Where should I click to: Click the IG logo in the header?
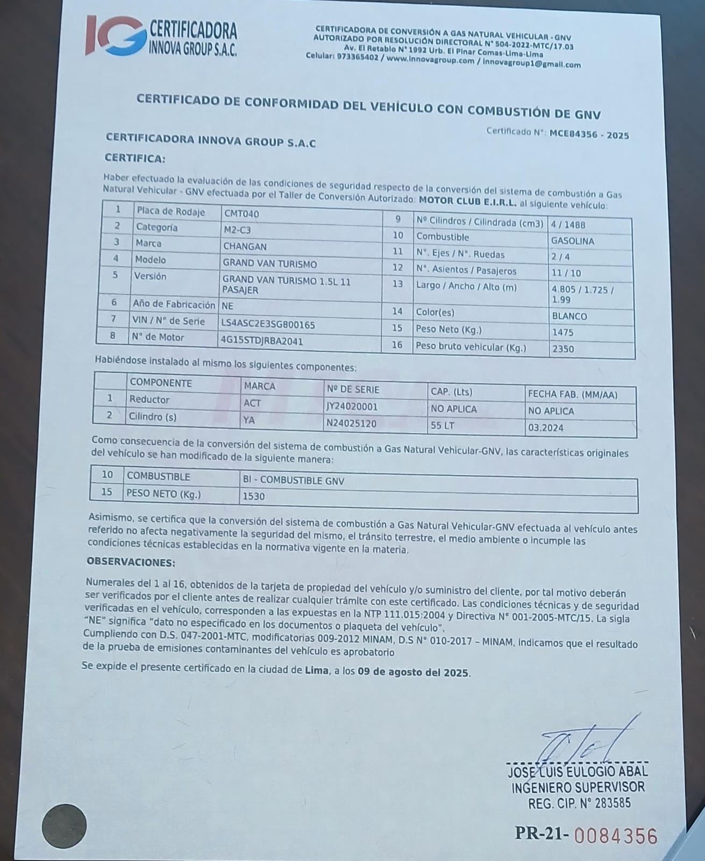coord(114,37)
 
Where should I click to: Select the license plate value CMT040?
coord(241,214)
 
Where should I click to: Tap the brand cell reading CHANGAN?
coord(245,246)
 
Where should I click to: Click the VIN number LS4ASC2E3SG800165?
coord(268,324)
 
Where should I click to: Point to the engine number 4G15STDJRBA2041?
coord(261,340)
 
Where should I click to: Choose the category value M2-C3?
coord(237,230)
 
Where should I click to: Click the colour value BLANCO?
coord(569,316)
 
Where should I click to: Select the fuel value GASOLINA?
coord(573,241)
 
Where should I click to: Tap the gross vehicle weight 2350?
coord(563,349)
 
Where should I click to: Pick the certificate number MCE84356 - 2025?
coord(589,135)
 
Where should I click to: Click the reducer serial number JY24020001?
coord(352,407)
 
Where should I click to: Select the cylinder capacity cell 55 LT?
coord(443,426)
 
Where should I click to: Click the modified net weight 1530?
coord(254,496)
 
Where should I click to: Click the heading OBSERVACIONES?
coord(131,563)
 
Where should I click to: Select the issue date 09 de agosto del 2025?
coord(414,672)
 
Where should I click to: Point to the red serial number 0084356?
coord(616,836)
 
